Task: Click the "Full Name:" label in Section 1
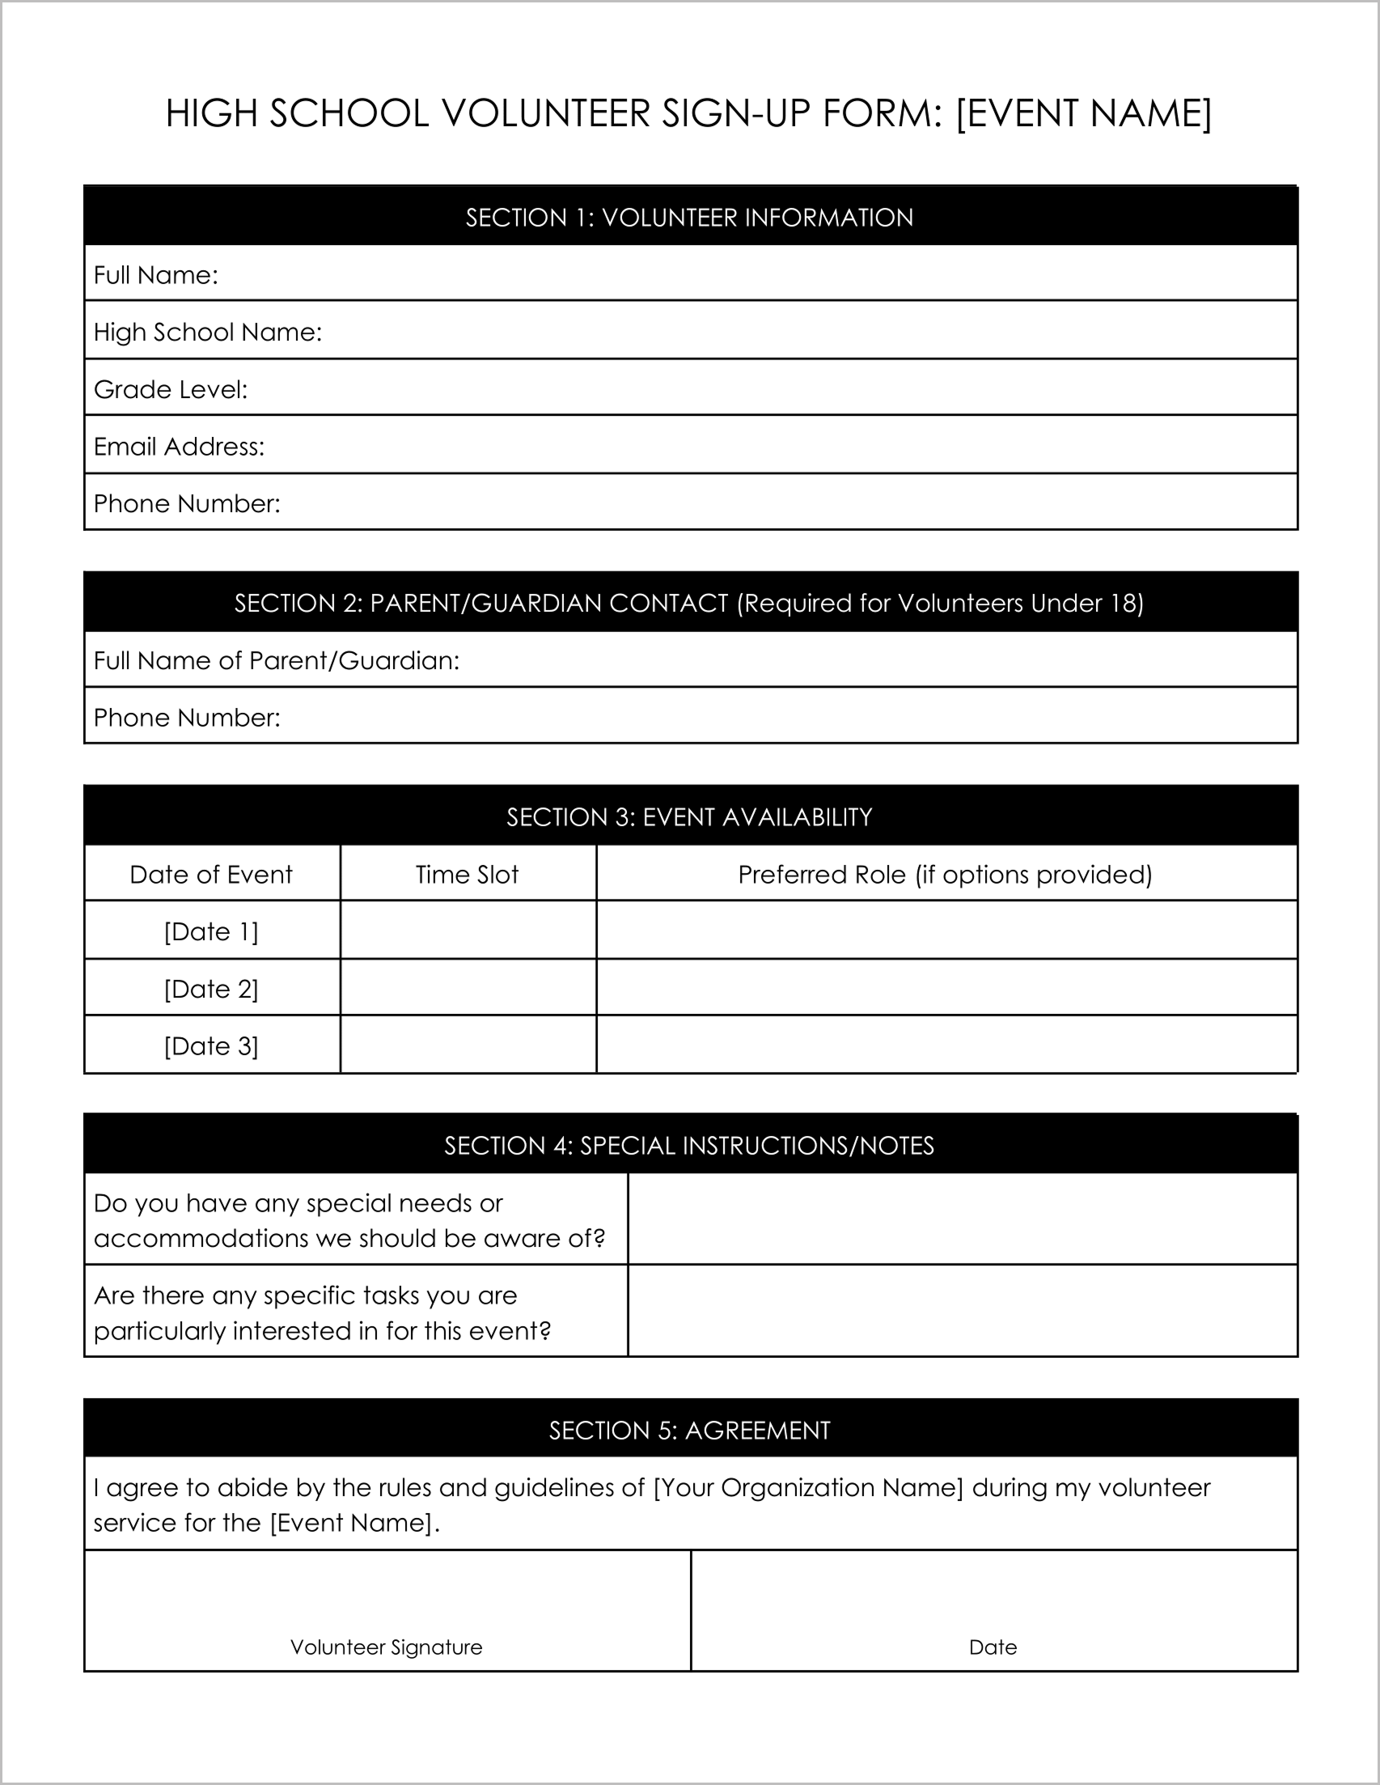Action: click(x=155, y=274)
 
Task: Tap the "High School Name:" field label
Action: click(x=208, y=332)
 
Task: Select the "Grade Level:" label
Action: click(x=170, y=389)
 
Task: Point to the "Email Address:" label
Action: click(x=179, y=447)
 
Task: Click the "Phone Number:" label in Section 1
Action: click(x=186, y=503)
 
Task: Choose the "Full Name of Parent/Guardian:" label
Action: click(x=276, y=660)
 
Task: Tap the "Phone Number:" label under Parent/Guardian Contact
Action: click(x=186, y=718)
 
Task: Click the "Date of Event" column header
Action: click(x=211, y=875)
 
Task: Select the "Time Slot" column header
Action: click(x=468, y=875)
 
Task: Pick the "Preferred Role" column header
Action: click(x=945, y=875)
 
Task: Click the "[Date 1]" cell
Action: click(x=211, y=931)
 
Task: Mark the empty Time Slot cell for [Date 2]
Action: click(x=468, y=988)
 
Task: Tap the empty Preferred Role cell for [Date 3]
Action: click(x=946, y=1045)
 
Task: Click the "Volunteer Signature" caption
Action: click(x=387, y=1647)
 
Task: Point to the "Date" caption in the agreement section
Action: click(x=993, y=1647)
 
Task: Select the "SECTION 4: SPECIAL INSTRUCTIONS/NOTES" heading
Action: click(x=688, y=1145)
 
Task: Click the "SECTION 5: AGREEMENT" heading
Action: click(x=688, y=1431)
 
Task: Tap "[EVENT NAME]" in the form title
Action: click(x=1083, y=113)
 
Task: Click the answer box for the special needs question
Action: click(x=962, y=1219)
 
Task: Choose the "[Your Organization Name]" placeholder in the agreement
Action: click(x=808, y=1487)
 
